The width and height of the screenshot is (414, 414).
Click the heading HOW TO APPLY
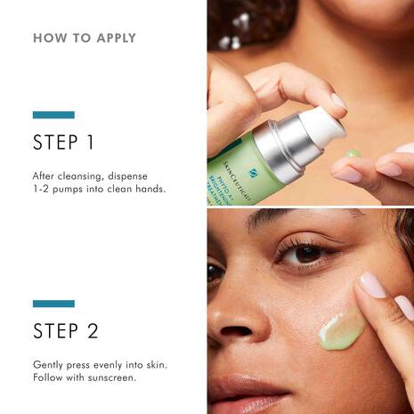[85, 38]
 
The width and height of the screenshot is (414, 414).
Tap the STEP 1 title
[62, 142]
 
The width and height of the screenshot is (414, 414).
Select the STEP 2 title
[64, 331]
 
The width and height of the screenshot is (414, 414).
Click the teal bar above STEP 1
[53, 115]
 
